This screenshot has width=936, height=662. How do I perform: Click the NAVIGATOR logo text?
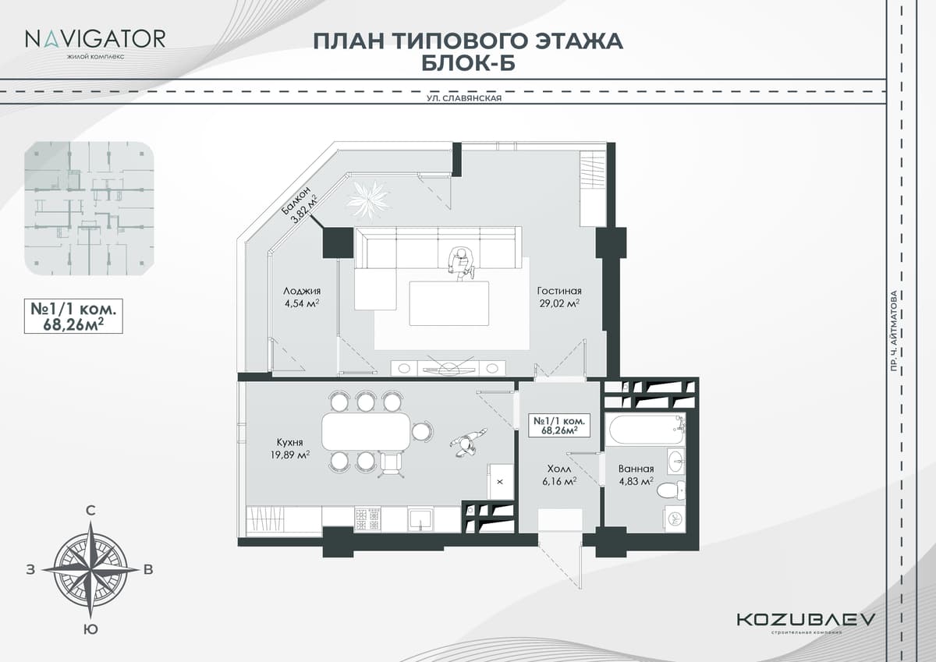94,38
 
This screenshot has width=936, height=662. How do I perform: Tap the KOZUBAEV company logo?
806,619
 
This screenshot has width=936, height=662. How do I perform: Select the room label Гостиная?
558,292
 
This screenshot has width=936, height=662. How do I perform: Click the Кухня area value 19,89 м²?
290,455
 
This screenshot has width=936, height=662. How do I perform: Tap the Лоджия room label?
302,292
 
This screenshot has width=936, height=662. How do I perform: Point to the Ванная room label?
636,469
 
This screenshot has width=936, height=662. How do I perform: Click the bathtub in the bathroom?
645,429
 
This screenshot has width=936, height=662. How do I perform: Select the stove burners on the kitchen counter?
367,519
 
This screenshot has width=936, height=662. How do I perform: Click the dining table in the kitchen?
366,432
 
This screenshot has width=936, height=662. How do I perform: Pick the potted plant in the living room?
368,198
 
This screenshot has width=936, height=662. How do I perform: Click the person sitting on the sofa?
461,261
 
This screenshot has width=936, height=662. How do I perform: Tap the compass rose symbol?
91,568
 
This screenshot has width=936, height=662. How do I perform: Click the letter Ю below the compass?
91,629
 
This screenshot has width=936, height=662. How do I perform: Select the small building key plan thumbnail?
89,208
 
